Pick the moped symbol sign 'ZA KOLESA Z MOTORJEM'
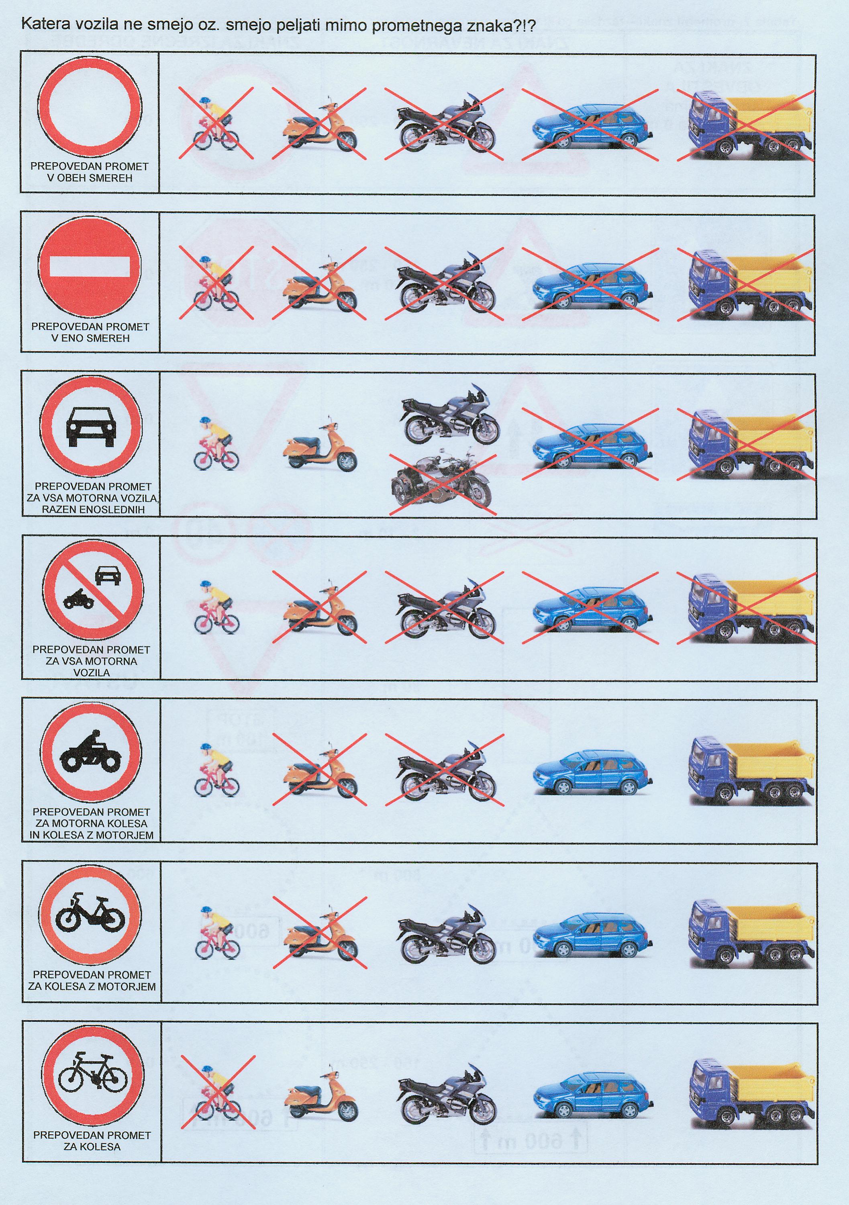[91, 917]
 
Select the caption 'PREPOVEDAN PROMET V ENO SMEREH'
[90, 332]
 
